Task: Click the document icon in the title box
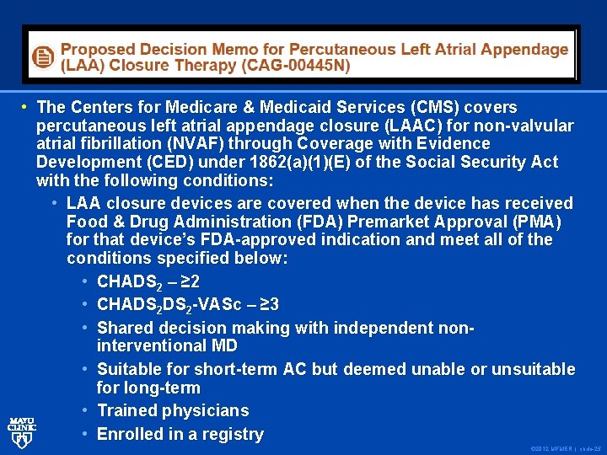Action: tap(41, 57)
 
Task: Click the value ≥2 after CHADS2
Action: tap(189, 281)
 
